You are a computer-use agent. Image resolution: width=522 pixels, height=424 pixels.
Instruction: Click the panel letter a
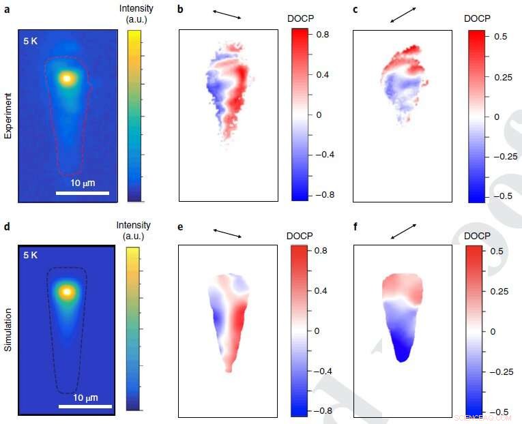click(6, 9)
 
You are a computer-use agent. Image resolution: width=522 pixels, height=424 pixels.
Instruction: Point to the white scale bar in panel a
click(82, 193)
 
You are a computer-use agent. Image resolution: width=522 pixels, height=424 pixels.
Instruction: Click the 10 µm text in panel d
click(86, 397)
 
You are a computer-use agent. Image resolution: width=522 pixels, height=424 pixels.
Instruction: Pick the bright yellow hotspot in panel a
click(66, 78)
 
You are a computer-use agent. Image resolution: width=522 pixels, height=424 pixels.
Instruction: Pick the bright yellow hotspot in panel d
click(66, 292)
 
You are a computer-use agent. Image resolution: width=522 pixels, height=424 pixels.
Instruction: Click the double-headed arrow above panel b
click(227, 14)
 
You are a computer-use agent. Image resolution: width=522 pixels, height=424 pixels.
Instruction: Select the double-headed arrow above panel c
click(404, 14)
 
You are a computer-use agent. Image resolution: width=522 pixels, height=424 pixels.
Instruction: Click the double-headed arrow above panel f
click(404, 230)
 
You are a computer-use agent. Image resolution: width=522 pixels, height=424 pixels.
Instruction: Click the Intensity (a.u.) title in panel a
click(139, 14)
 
